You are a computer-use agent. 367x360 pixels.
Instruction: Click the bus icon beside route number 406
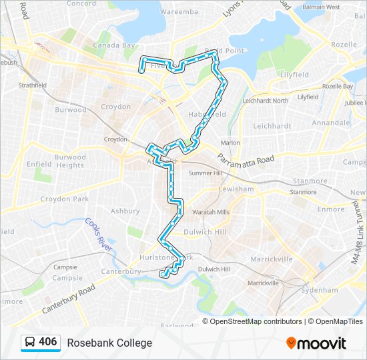[x=30, y=343]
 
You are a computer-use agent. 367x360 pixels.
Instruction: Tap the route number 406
[x=48, y=342]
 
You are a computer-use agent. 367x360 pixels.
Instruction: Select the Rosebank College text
[x=109, y=343]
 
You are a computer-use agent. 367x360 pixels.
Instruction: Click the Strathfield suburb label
[x=33, y=85]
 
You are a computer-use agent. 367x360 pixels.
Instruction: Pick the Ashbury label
[x=125, y=211]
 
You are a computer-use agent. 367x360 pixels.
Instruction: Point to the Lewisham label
[x=236, y=189]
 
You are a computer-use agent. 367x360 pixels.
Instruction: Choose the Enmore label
[x=330, y=209]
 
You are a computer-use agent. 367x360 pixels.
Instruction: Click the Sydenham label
[x=320, y=290]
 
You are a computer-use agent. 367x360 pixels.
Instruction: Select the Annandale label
[x=330, y=123]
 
